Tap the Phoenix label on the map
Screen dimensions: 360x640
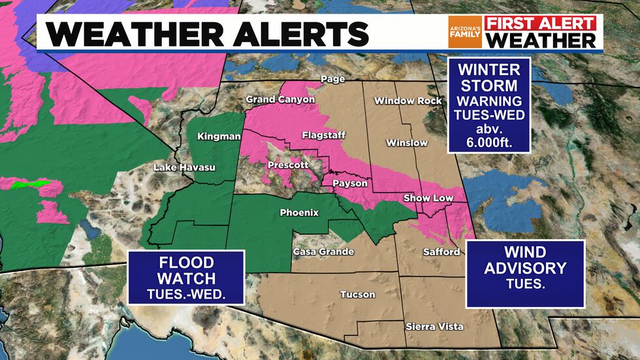coord(299,212)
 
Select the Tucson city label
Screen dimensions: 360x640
coord(358,294)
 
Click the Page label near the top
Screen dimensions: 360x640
coord(331,79)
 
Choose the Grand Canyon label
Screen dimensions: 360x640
coord(280,99)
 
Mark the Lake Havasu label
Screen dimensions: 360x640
coord(184,168)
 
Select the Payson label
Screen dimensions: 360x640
coord(350,184)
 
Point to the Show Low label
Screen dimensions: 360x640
coord(429,198)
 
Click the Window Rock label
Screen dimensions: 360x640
coord(400,101)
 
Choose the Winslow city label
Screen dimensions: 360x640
coord(407,142)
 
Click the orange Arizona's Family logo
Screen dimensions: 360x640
coord(464,31)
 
